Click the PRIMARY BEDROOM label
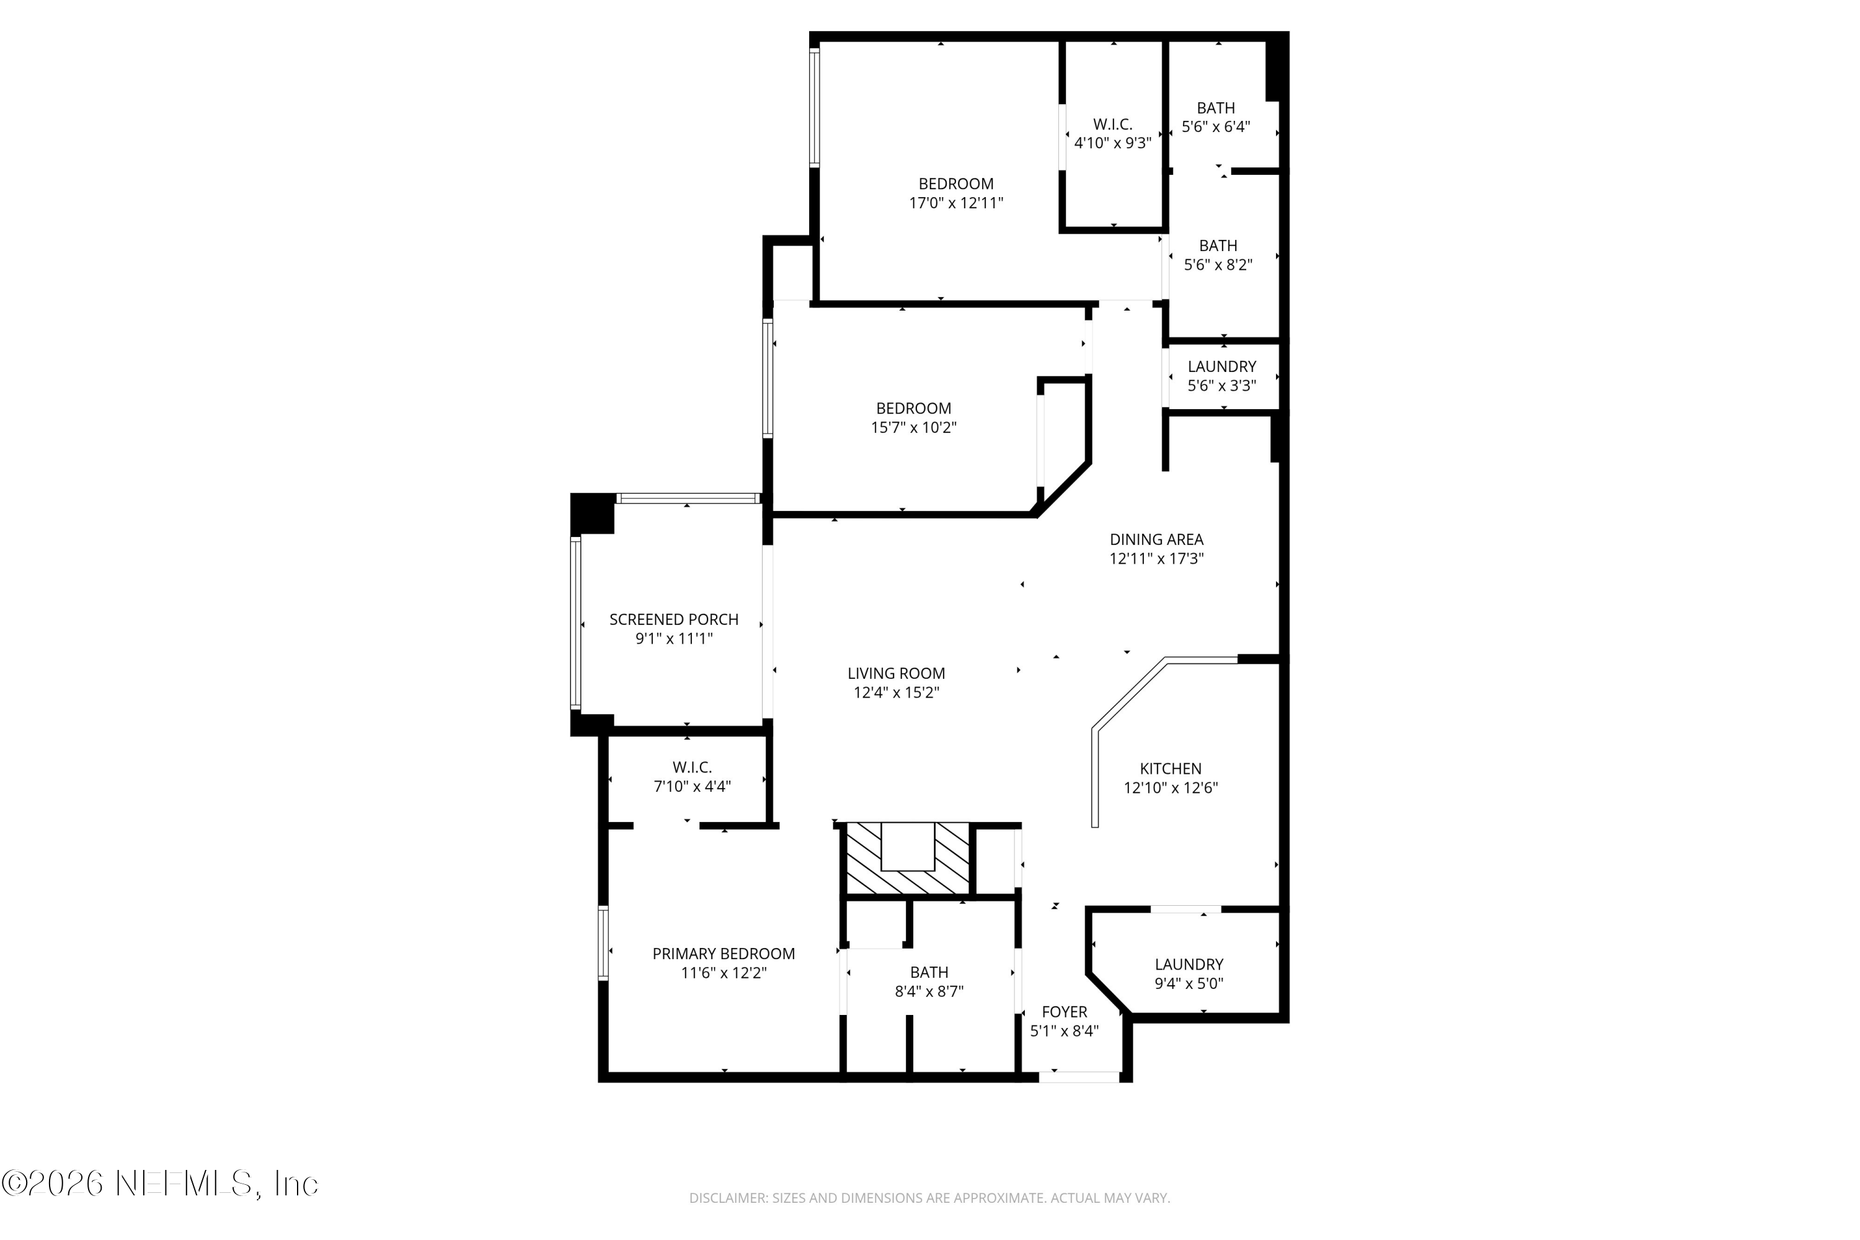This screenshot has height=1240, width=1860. (723, 954)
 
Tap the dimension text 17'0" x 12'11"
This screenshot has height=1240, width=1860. (955, 203)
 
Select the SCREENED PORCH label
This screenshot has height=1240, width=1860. (674, 619)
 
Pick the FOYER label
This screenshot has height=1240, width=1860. (1064, 1011)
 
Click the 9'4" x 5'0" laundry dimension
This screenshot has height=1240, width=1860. (1189, 984)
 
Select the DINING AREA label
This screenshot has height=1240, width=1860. (1156, 539)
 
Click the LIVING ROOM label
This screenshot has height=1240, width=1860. (896, 673)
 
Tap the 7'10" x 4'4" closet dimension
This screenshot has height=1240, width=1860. (692, 787)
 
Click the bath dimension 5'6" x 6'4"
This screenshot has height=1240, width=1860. (1215, 126)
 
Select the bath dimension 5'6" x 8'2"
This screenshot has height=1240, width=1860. (1217, 265)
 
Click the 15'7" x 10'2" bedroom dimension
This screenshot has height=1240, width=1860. (913, 428)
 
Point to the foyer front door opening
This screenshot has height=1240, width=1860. (1079, 1076)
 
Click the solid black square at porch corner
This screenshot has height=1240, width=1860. (591, 513)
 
